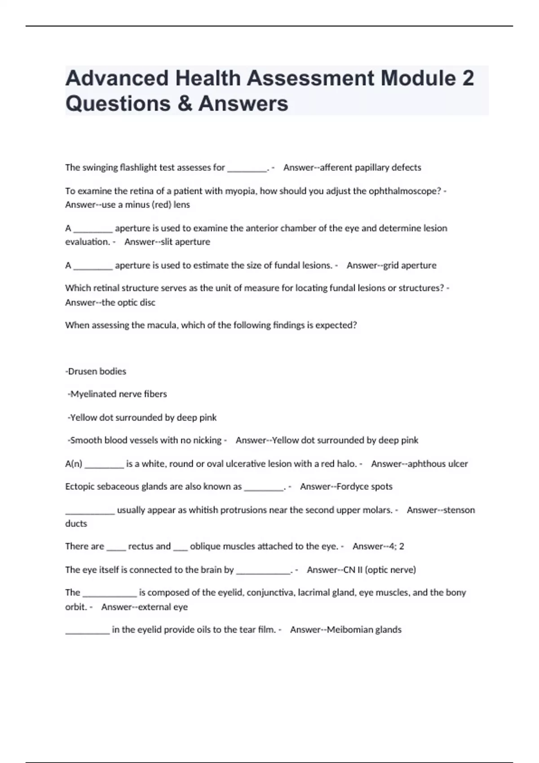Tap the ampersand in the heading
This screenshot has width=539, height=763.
183,103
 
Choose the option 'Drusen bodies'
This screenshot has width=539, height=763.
97,372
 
